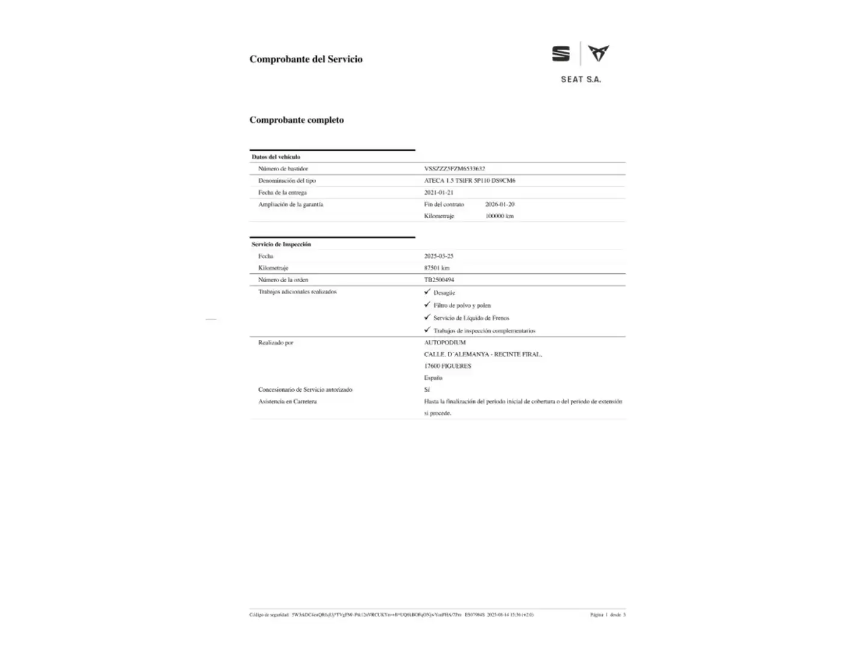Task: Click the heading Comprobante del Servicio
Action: tap(306, 59)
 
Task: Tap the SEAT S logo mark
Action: tap(561, 54)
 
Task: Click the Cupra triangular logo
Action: tap(599, 53)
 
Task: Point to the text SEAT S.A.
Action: tap(580, 79)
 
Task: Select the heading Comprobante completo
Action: tap(297, 120)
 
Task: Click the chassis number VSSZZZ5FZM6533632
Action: tap(454, 169)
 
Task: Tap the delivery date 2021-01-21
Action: tap(438, 193)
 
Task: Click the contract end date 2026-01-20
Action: tap(500, 204)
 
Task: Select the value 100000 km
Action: tap(499, 216)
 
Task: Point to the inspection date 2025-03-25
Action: tap(438, 256)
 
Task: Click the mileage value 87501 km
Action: tap(436, 268)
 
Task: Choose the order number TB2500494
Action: tap(439, 280)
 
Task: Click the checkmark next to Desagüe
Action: tap(427, 292)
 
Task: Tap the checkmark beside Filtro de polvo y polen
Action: tap(427, 304)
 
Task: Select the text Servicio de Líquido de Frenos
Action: tap(471, 318)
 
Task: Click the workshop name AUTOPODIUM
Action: tap(445, 342)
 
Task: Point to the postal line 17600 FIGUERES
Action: tap(447, 366)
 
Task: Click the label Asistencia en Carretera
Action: tap(287, 401)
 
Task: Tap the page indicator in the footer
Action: tap(608, 615)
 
